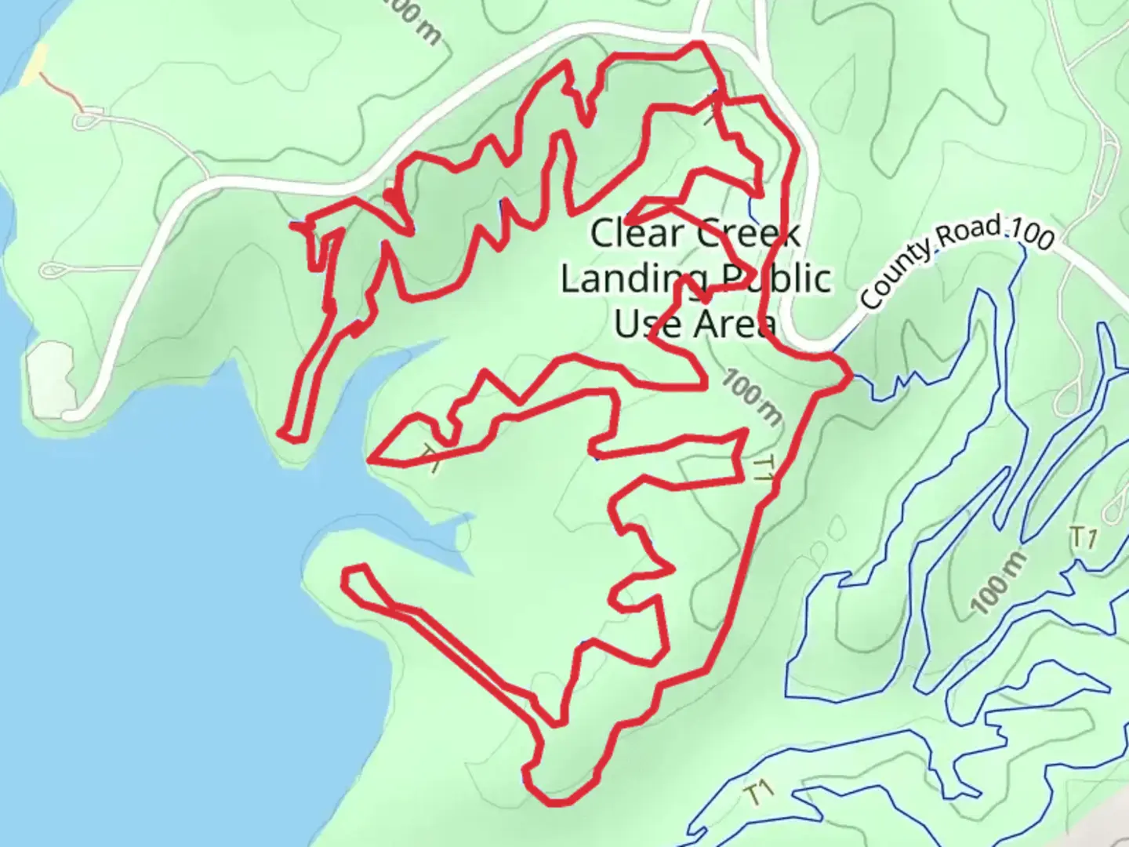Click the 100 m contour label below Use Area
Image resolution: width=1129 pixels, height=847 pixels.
(x=752, y=398)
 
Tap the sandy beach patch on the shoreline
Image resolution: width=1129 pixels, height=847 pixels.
(x=35, y=65)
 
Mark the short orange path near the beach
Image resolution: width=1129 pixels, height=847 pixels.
(x=61, y=91)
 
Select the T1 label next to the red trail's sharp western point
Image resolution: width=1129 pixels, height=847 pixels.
(x=430, y=458)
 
